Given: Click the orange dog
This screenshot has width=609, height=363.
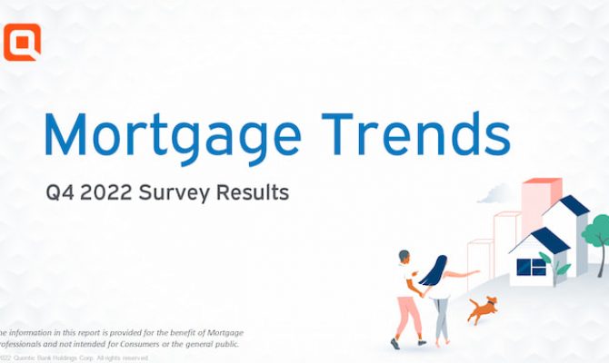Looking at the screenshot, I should coord(482,309).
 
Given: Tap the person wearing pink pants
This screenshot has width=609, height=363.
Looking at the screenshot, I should coord(406,299).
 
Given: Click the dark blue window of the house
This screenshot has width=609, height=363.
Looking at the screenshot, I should coord(531,266).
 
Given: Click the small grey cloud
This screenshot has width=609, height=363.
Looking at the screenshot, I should coord(494,192).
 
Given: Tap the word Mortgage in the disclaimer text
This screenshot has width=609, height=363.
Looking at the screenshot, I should coord(219,332).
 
